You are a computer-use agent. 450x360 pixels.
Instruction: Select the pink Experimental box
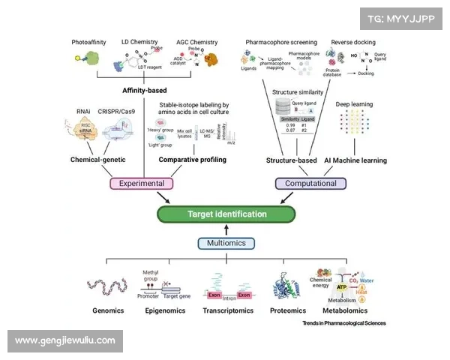(x=142, y=183)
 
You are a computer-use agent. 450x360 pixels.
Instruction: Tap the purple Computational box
(x=310, y=183)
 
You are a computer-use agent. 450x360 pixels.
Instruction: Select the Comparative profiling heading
(x=193, y=160)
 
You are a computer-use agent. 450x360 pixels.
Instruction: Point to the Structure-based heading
(x=292, y=160)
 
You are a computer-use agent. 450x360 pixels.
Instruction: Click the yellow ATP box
(x=342, y=286)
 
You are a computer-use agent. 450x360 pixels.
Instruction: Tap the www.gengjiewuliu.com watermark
(x=65, y=340)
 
